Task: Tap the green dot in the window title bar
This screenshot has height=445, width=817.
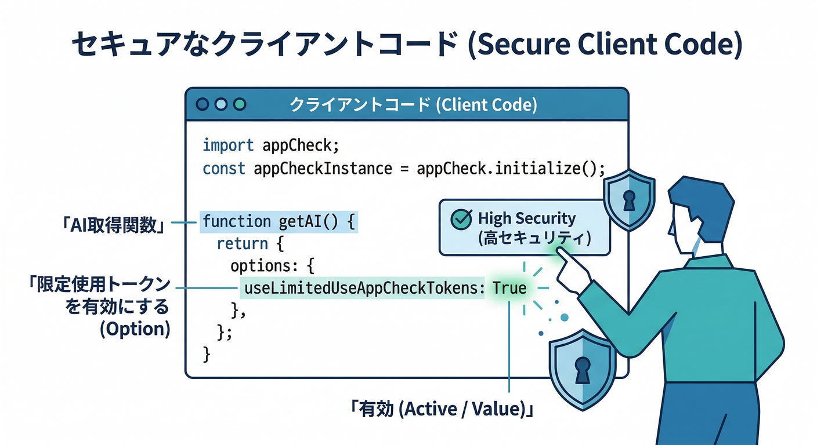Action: click(239, 104)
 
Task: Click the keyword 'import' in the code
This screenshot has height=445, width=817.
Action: click(228, 145)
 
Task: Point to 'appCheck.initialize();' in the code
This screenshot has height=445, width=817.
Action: click(503, 169)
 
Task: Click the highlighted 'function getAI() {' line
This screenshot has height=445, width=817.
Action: click(278, 221)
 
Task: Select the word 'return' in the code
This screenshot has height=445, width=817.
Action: click(242, 243)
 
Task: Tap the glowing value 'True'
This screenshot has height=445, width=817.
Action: click(509, 288)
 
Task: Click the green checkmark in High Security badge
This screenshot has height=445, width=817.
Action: click(461, 219)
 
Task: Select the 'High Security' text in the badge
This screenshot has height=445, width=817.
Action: click(526, 218)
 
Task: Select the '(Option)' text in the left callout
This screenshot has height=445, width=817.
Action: click(135, 329)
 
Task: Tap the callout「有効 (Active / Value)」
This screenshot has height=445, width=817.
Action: click(441, 409)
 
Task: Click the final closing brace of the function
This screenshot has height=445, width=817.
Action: click(206, 353)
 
